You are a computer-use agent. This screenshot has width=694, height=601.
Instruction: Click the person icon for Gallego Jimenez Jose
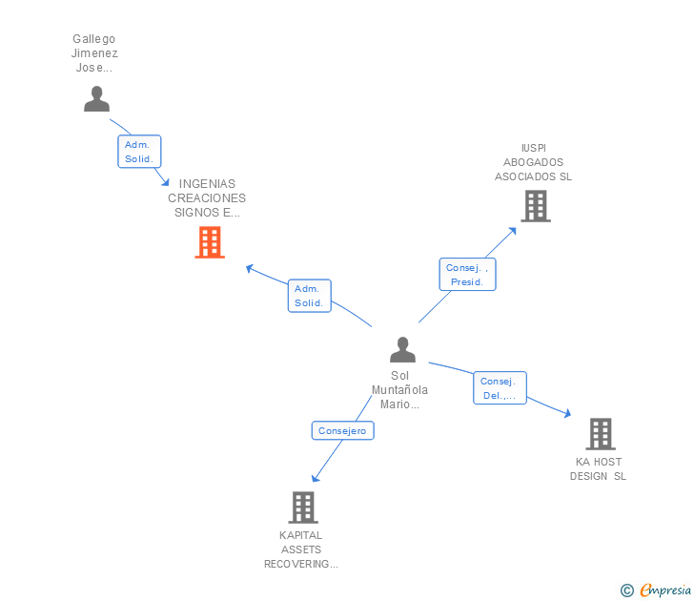[96, 98]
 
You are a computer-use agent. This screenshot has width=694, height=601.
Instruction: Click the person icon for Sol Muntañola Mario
[402, 349]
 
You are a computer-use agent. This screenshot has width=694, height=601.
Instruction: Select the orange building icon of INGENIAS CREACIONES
[210, 242]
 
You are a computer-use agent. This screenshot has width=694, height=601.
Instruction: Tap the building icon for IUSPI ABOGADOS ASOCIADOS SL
[535, 205]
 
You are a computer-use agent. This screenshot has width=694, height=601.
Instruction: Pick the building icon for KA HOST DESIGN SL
[600, 434]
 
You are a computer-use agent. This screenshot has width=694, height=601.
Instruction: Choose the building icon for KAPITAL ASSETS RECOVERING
[302, 507]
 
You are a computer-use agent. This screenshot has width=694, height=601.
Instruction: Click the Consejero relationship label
[342, 431]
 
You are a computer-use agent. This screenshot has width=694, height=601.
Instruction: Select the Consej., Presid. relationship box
[467, 275]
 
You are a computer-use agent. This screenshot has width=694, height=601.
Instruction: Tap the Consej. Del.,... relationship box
[500, 388]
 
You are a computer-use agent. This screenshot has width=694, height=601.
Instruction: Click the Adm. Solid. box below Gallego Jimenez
[139, 152]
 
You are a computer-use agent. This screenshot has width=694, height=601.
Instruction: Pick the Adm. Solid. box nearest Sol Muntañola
[309, 296]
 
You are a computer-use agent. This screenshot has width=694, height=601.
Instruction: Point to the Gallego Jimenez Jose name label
[93, 53]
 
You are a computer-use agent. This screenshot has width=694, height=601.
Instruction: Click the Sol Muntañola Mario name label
[399, 390]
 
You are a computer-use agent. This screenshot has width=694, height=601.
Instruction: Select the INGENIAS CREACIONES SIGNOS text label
[207, 198]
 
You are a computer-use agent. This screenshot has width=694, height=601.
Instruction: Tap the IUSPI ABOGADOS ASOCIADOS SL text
[533, 162]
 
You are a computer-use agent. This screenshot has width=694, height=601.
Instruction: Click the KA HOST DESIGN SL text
[598, 468]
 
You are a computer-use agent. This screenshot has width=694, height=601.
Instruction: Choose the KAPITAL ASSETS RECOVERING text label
[301, 549]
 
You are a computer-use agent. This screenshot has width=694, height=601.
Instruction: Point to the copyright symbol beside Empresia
[626, 591]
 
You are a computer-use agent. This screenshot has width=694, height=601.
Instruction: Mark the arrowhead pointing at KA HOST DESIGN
[567, 414]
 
